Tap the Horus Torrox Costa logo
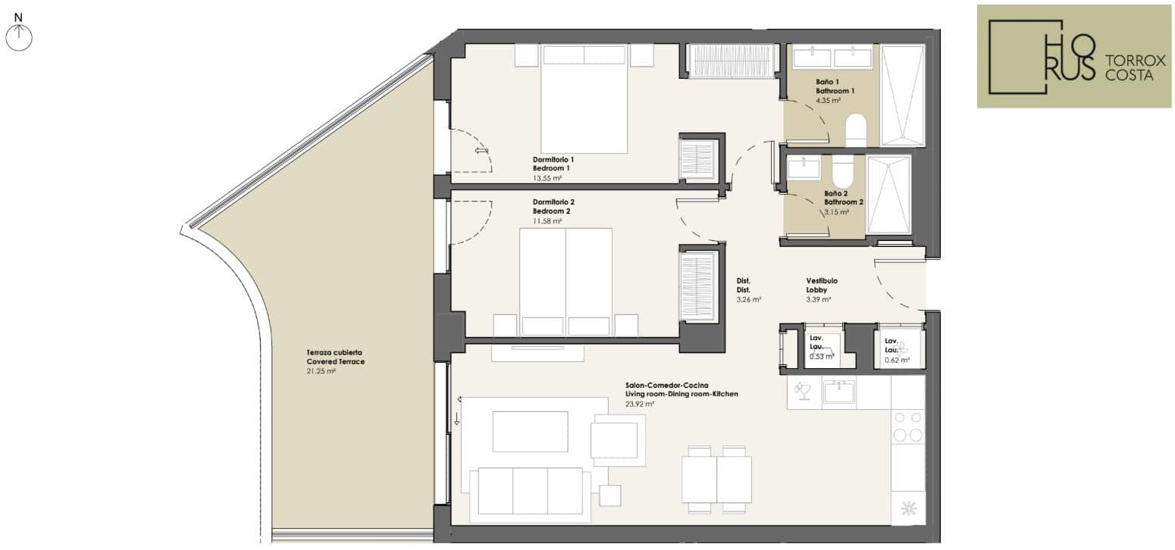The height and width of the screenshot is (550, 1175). [x=1073, y=56]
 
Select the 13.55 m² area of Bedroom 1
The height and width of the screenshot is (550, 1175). [x=547, y=178]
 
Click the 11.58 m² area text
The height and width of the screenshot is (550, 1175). [x=547, y=221]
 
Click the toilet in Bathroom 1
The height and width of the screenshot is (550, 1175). [x=856, y=130]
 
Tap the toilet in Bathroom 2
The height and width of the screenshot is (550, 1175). [x=843, y=171]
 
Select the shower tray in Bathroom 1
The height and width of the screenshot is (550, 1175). [x=902, y=95]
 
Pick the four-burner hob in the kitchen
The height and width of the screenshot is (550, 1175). [x=908, y=427]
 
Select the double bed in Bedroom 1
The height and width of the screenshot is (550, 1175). [x=584, y=99]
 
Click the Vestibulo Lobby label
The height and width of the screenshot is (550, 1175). [x=822, y=285]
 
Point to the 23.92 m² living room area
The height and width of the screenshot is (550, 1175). [x=640, y=405]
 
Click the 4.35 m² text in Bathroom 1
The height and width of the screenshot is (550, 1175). [x=829, y=101]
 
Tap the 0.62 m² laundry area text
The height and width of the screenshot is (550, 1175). [x=897, y=360]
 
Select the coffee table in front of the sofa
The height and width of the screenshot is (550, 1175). [x=531, y=432]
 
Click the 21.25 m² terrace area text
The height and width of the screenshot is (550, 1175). [x=321, y=371]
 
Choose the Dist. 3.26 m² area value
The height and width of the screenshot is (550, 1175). [x=748, y=300]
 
